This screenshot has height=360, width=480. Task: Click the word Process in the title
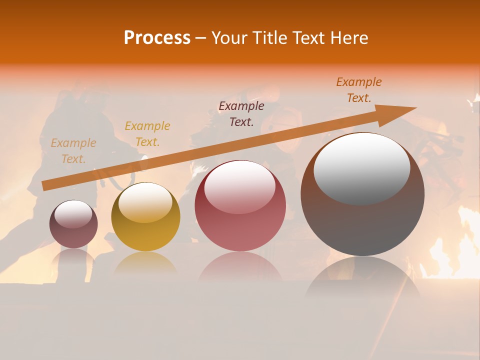tap(157, 38)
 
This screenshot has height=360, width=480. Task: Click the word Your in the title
tap(230, 38)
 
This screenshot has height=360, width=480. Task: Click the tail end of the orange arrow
tap(44, 186)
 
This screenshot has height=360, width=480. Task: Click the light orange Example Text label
tap(73, 151)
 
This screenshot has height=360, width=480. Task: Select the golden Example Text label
tap(147, 134)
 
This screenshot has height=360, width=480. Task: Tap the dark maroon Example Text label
tap(241, 114)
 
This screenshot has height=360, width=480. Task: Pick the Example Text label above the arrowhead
tap(359, 90)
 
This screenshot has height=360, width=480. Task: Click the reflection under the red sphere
tap(240, 267)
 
